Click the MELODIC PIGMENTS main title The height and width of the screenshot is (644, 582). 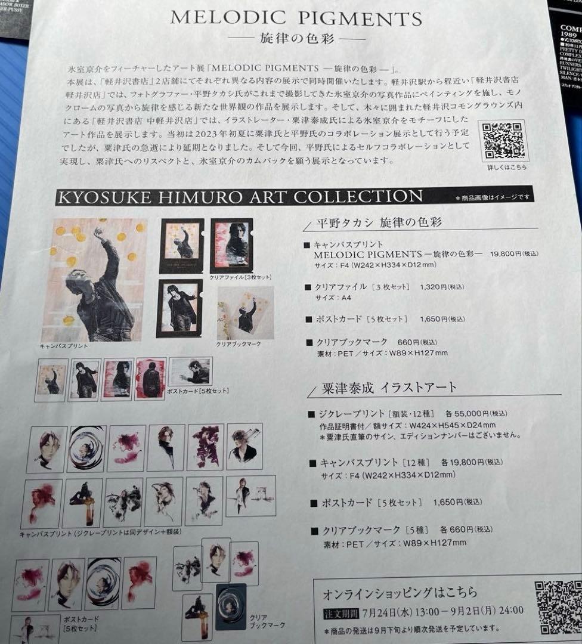[296, 17]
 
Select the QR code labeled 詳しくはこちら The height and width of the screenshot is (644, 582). [504, 140]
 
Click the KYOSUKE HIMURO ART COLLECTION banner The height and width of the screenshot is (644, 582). [239, 196]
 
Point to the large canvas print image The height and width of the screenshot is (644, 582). [94, 280]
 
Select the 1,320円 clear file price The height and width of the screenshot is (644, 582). [433, 287]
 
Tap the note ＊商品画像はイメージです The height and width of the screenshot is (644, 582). [494, 198]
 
